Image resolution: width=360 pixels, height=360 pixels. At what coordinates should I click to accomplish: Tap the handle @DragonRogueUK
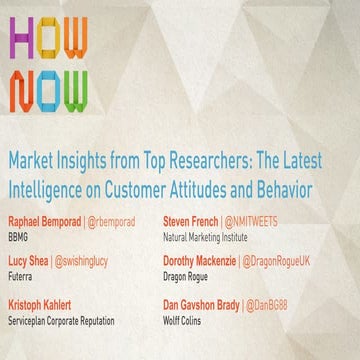coord(299,257)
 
